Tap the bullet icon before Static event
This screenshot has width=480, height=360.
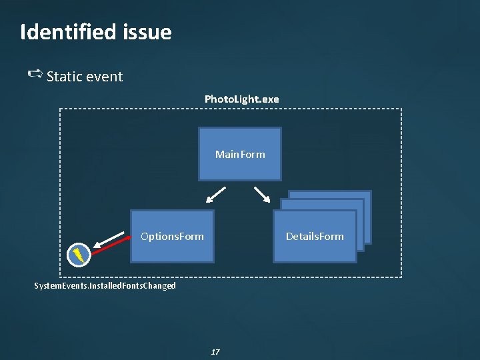[x=36, y=74]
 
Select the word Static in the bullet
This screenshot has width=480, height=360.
[x=65, y=77]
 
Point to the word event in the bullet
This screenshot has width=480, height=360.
[x=104, y=77]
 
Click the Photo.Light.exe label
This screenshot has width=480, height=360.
[x=241, y=99]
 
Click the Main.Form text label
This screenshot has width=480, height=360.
[x=240, y=155]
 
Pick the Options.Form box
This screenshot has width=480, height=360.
[x=172, y=250]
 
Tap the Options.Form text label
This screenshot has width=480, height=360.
[x=172, y=237]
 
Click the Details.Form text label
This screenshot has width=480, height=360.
[x=315, y=237]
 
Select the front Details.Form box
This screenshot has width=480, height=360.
[x=315, y=250]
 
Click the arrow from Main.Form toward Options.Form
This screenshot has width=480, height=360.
[x=215, y=194]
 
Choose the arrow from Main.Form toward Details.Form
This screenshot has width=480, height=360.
[x=261, y=193]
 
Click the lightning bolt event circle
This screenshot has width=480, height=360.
[x=79, y=254]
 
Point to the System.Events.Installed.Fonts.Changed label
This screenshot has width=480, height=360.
[x=105, y=286]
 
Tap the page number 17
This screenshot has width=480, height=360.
[x=215, y=351]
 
